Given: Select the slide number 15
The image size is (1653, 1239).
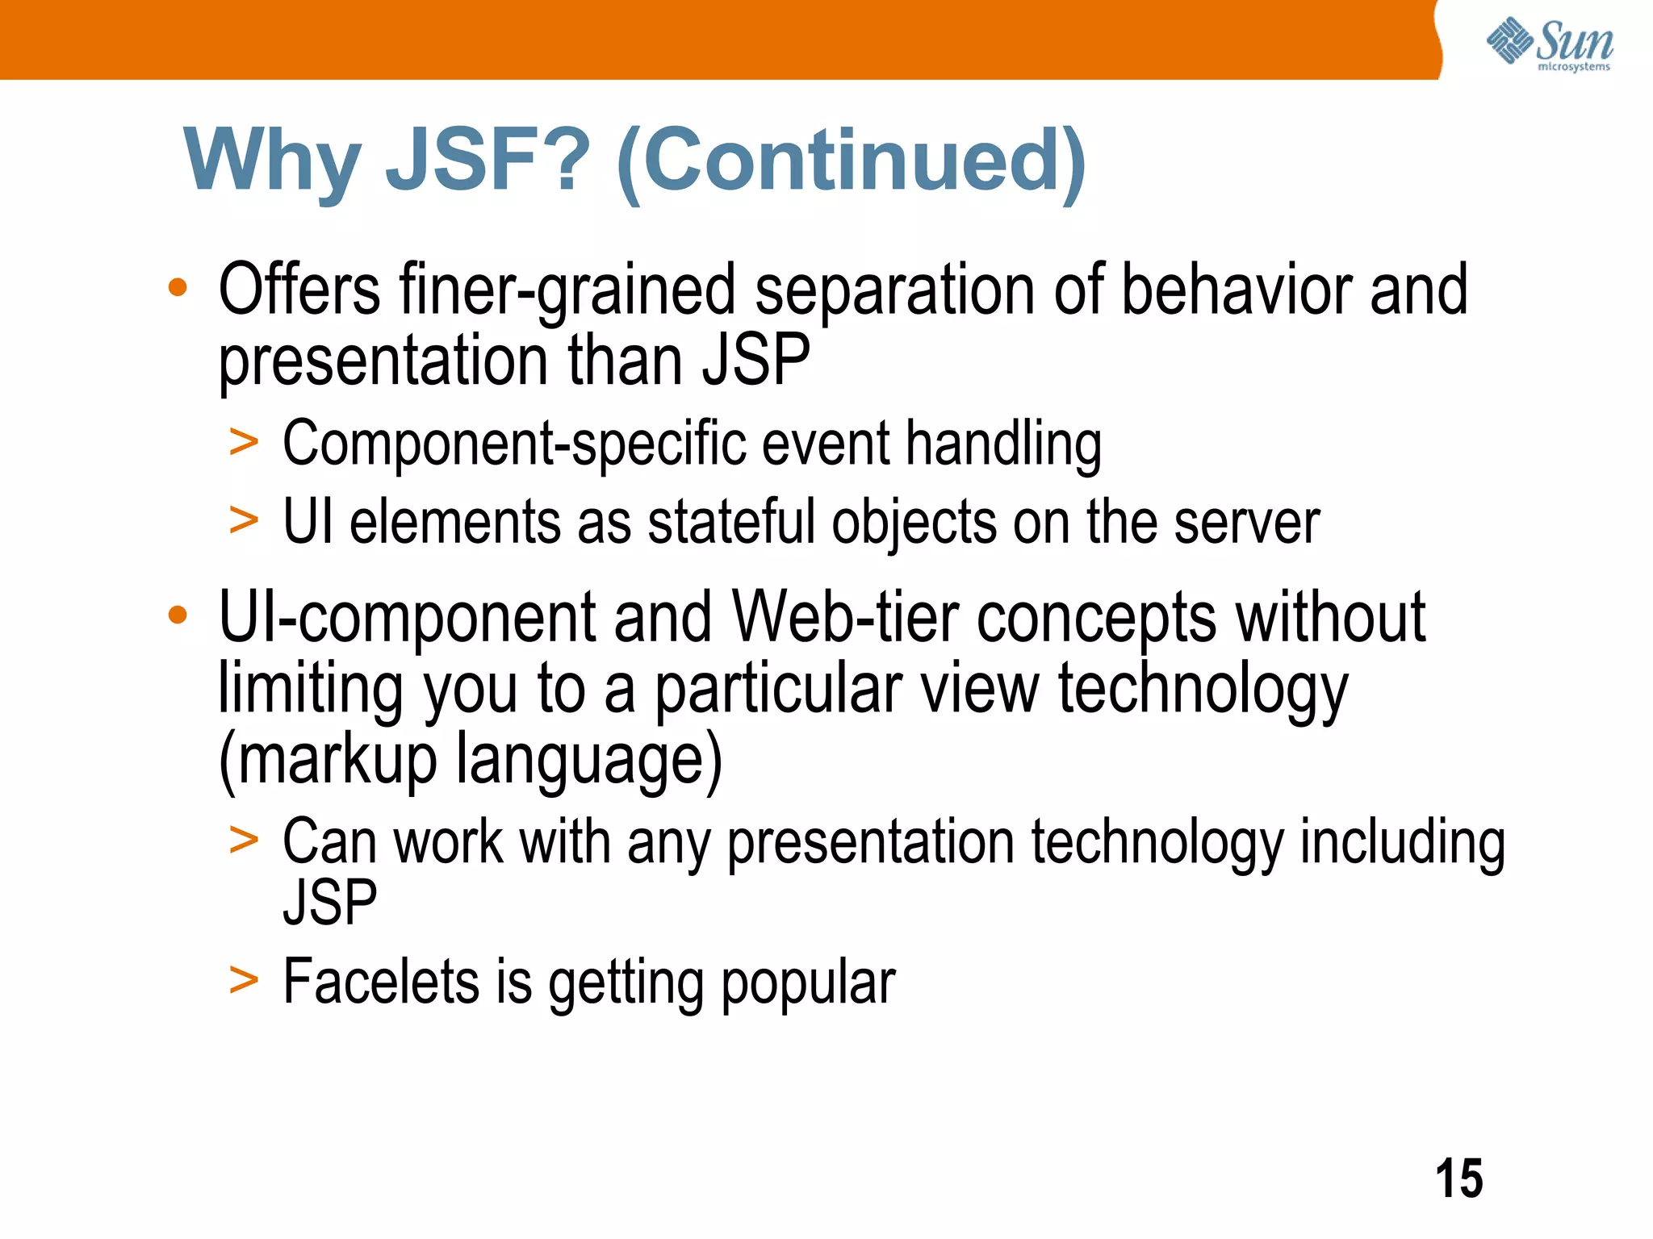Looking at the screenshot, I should point(1458,1179).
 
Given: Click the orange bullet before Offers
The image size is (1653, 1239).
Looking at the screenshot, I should point(178,287).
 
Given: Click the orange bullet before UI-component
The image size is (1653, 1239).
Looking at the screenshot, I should point(178,615).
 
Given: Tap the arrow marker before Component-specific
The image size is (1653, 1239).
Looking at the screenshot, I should point(244,442).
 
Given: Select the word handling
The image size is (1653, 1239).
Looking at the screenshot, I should point(1003,445).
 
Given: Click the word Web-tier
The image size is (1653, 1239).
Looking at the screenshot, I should point(845,619).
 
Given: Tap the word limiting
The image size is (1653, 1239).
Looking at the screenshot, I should point(311,690).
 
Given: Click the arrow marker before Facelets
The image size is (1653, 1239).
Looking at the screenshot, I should point(244,981).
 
